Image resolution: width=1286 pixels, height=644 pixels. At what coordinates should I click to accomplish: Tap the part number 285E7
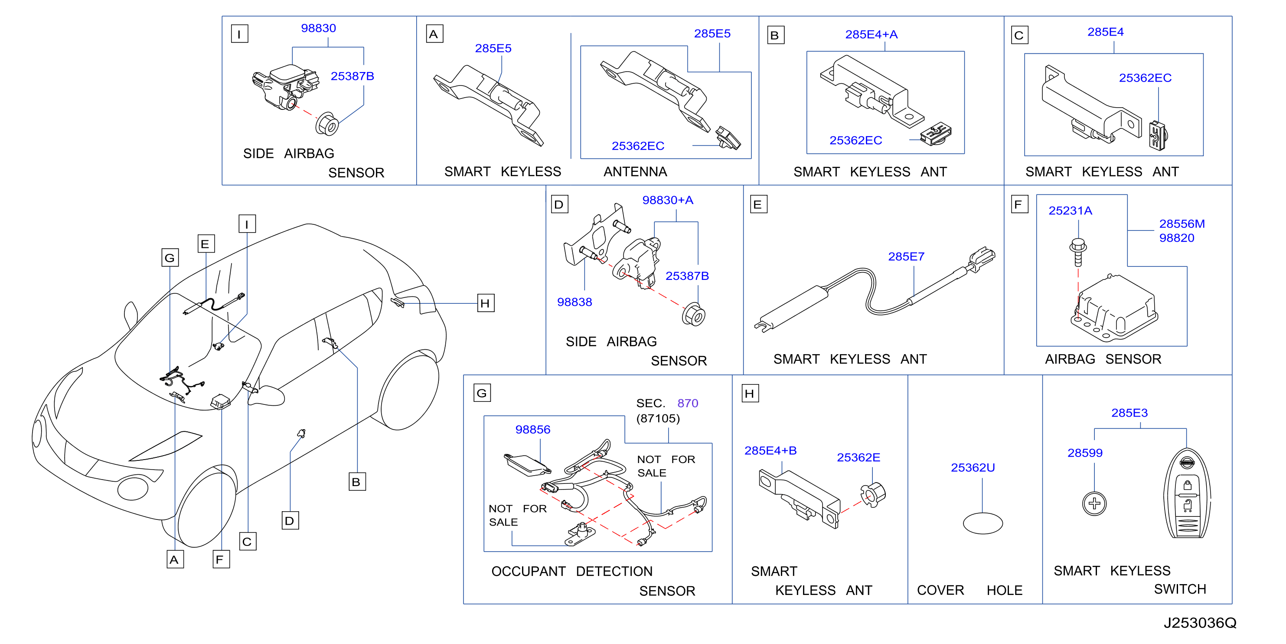[x=906, y=256]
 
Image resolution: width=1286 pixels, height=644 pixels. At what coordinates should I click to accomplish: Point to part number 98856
[x=533, y=429]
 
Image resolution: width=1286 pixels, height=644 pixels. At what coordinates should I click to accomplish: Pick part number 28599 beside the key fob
[x=1084, y=453]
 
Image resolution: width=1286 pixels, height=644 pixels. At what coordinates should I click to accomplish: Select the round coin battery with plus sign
[x=1094, y=503]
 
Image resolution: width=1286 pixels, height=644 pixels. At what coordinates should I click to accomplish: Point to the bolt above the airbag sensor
[x=1078, y=252]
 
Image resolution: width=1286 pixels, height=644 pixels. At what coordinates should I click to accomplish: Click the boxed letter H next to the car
[x=485, y=303]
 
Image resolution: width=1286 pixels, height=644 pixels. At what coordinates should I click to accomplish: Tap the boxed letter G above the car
[x=170, y=258]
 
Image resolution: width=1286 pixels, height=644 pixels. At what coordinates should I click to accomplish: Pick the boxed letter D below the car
[x=290, y=521]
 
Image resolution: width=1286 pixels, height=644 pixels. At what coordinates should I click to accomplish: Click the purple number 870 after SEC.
[x=687, y=403]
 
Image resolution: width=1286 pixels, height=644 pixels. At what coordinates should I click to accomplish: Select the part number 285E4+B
[x=770, y=450]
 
